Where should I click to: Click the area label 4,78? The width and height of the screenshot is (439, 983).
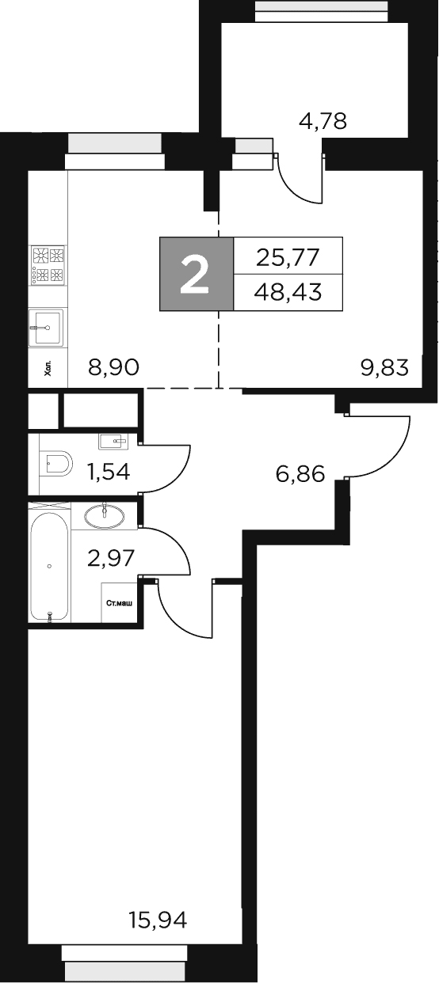click(x=323, y=123)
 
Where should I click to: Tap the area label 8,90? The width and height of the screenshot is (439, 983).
click(x=114, y=367)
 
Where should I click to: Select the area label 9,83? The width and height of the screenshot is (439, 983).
click(x=384, y=367)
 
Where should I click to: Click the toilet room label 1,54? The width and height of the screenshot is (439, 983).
click(x=109, y=472)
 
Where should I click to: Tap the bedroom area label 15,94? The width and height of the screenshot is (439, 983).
click(x=158, y=920)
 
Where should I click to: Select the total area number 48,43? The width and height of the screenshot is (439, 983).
click(x=288, y=292)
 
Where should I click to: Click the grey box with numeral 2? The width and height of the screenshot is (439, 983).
click(x=197, y=274)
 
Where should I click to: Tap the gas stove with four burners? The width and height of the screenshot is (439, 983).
click(x=48, y=265)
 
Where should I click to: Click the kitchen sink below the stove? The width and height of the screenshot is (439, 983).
click(x=48, y=326)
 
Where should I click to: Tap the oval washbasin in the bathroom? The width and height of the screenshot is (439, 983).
click(x=104, y=517)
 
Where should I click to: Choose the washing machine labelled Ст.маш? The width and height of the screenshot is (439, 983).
click(x=120, y=604)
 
